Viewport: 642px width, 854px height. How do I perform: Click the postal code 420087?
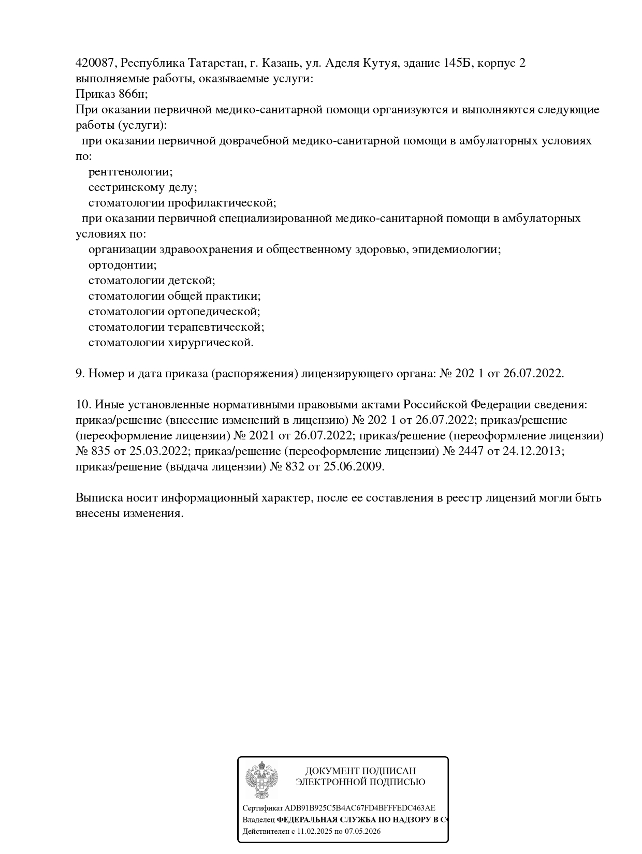pyautogui.click(x=96, y=63)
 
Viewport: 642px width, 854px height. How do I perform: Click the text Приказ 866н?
pyautogui.click(x=111, y=94)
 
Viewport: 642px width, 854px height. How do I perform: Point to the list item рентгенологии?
pyautogui.click(x=130, y=172)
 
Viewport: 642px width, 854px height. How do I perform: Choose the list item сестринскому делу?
pyautogui.click(x=142, y=187)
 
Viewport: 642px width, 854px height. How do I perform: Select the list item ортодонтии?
pyautogui.click(x=122, y=265)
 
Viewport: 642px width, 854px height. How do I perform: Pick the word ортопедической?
pyautogui.click(x=214, y=312)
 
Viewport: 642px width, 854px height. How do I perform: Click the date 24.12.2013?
pyautogui.click(x=533, y=451)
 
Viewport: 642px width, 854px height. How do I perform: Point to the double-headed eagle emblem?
pyautogui.click(x=261, y=779)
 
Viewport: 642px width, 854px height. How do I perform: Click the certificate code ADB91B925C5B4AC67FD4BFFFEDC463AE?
pyautogui.click(x=360, y=808)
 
